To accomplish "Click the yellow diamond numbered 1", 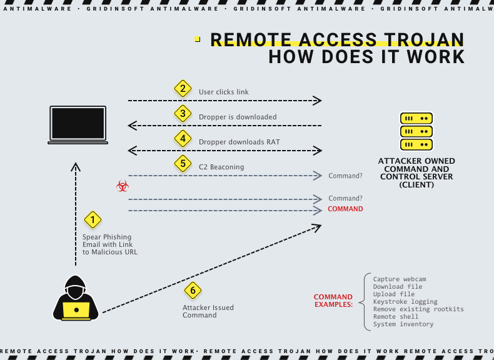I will pos(93,219).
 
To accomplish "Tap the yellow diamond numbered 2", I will pos(182,89).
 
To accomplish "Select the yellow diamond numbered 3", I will pos(182,113).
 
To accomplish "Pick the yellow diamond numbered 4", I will pos(182,138).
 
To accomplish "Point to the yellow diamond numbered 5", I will pos(182,164).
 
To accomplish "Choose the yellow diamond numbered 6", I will pos(193,290).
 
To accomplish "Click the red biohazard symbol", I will pos(122,186).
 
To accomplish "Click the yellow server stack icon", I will pos(416,131).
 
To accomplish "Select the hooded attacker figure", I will pos(76,297).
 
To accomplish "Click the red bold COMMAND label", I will pos(345,209).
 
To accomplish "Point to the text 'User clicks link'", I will pos(224,92).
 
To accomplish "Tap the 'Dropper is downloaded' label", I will pos(238,117).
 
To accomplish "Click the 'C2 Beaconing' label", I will pos(221,167).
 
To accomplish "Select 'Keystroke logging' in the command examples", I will pos(405,302).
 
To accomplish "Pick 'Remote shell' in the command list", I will pos(396,317).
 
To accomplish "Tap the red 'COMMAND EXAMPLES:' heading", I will pos(333,301).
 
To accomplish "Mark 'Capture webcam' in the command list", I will pos(400,279).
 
